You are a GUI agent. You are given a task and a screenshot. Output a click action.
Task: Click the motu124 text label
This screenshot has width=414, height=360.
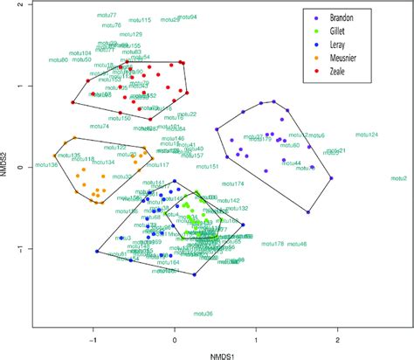(x=367, y=135)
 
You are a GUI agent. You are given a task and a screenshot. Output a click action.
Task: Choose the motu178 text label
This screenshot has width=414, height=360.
(x=258, y=245)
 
